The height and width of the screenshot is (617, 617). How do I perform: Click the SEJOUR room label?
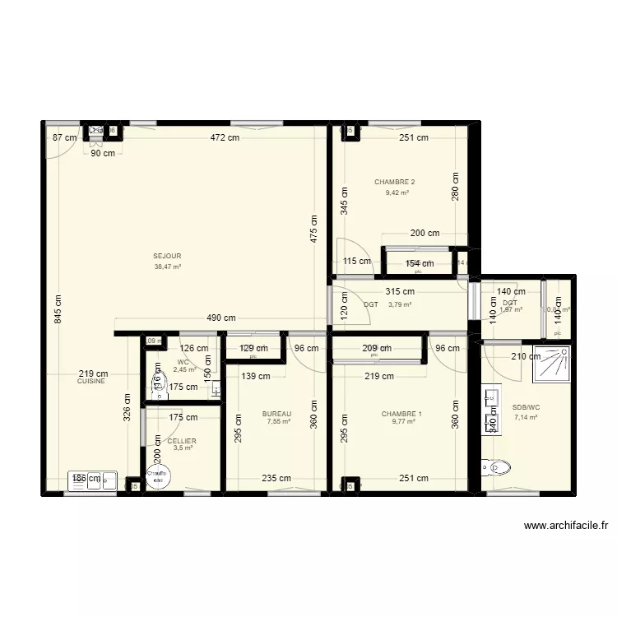(167, 256)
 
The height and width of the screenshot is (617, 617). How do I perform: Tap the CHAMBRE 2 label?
(394, 182)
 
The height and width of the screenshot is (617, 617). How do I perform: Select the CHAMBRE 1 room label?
(402, 414)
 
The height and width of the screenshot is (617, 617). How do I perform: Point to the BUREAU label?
(276, 414)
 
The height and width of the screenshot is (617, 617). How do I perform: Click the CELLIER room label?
(182, 441)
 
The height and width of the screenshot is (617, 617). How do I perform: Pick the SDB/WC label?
(526, 407)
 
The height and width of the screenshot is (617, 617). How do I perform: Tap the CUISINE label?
(91, 382)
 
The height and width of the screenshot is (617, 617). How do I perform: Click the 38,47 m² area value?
(167, 267)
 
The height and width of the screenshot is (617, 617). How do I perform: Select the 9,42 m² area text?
(397, 193)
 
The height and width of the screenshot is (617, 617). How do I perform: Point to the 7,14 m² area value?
(526, 417)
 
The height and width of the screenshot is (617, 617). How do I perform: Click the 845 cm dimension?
(58, 309)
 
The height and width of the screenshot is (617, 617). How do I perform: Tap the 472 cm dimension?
(223, 137)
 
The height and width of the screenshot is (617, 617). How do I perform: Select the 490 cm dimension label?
(220, 318)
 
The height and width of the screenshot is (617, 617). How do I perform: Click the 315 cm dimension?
(400, 291)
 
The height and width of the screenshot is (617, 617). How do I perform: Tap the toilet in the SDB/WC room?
(500, 468)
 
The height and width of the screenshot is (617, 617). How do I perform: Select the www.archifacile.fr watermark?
(567, 527)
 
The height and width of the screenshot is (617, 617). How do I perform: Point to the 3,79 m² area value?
(400, 304)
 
